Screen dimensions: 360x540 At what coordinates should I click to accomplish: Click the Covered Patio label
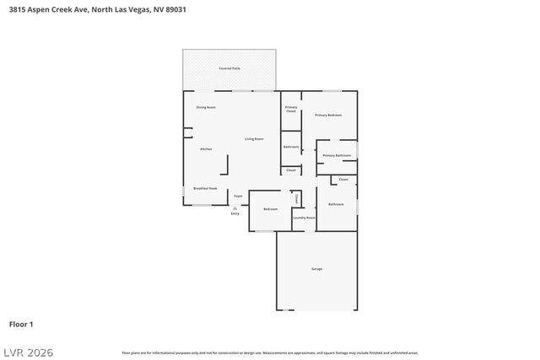click(x=229, y=67)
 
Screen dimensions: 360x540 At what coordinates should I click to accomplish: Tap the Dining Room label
click(x=206, y=107)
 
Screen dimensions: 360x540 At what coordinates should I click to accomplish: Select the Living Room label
click(x=254, y=138)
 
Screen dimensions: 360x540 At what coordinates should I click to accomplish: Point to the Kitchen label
click(x=206, y=149)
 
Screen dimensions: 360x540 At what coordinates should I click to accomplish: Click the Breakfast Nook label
click(x=206, y=188)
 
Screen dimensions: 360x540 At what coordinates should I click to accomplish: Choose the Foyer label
click(x=239, y=196)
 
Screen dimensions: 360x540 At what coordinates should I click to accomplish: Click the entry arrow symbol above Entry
click(x=235, y=207)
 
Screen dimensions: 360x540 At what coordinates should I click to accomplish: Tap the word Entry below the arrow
click(x=235, y=213)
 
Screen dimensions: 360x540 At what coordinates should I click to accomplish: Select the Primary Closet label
click(x=291, y=109)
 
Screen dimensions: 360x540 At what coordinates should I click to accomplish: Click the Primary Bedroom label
click(x=328, y=115)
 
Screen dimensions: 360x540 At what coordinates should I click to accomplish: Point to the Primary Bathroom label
click(x=337, y=155)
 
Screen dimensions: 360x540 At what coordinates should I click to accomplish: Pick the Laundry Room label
click(x=304, y=218)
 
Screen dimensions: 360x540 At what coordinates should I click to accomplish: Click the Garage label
click(x=316, y=268)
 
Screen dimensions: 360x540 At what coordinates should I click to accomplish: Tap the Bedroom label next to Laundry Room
click(x=271, y=209)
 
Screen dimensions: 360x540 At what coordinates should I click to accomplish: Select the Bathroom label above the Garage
click(x=336, y=204)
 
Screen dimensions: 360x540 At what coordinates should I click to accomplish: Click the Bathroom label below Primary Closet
click(x=291, y=147)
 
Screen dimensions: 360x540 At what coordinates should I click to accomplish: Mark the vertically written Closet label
click(x=296, y=198)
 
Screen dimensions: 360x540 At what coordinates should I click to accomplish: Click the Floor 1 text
click(x=21, y=324)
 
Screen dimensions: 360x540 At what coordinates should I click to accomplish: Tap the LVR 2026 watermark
click(x=27, y=352)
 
